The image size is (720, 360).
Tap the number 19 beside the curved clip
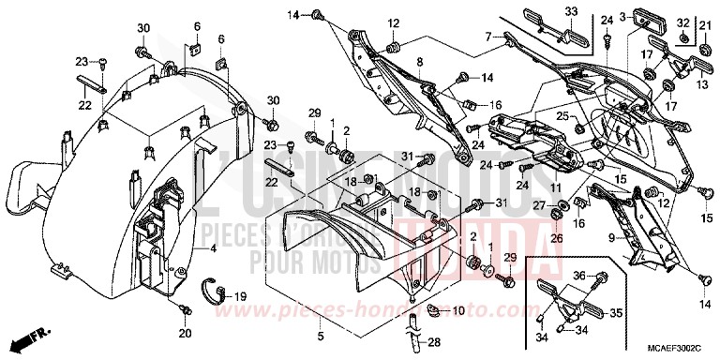point(240,295)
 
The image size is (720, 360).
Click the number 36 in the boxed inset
point(579,275)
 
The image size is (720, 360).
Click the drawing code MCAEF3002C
point(675,345)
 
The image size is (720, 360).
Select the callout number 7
point(487,37)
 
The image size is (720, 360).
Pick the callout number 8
point(420,62)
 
